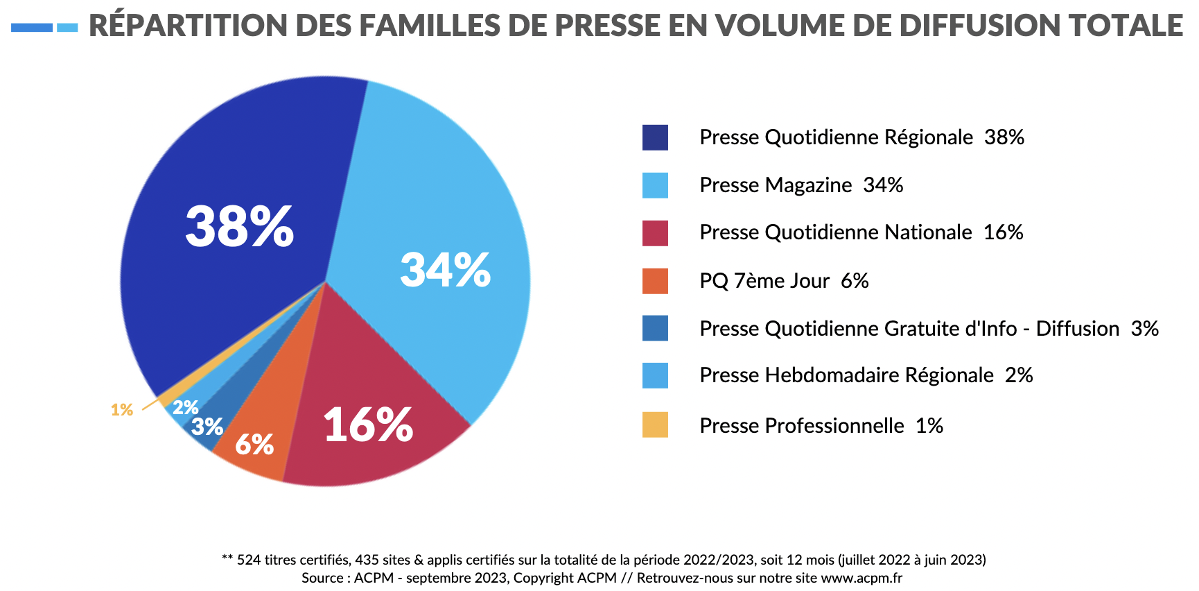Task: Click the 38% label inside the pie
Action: click(x=240, y=226)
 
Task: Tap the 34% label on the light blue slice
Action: click(x=446, y=270)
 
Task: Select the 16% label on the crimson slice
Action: click(x=368, y=425)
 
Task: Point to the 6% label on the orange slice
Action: click(x=254, y=445)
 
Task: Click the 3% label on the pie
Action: click(x=207, y=427)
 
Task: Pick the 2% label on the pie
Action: click(x=186, y=407)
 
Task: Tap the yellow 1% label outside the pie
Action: click(x=122, y=410)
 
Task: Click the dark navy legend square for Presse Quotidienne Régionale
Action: click(x=655, y=137)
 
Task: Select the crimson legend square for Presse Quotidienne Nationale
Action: click(x=655, y=233)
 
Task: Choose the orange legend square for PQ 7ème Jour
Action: click(x=655, y=281)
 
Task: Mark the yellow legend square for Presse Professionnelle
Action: click(x=655, y=425)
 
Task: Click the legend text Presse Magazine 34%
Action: click(x=801, y=185)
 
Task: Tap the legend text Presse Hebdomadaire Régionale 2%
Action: click(x=866, y=375)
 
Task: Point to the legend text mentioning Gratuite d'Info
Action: click(x=929, y=328)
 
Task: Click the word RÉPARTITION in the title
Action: click(x=187, y=26)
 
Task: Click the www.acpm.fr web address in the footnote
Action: click(x=861, y=578)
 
